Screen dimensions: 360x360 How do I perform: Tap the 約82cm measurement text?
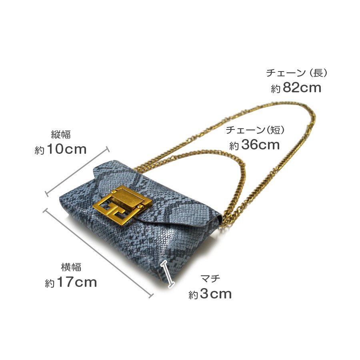(x=296, y=88)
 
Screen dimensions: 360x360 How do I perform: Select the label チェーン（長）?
(x=296, y=73)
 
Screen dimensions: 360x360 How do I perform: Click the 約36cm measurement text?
(x=254, y=145)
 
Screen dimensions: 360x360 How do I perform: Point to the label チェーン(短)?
(x=255, y=130)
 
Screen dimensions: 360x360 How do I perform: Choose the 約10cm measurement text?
(x=60, y=149)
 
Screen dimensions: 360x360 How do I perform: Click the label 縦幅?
(x=61, y=135)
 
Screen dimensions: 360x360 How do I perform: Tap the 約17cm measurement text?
(x=71, y=282)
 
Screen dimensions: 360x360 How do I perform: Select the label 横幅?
(x=71, y=267)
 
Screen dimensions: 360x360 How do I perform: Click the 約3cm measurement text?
(x=210, y=294)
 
